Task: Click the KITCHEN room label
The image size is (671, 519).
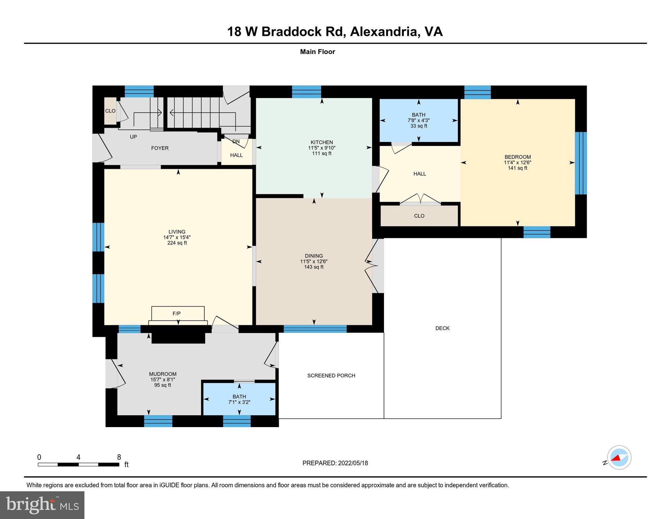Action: pyautogui.click(x=321, y=142)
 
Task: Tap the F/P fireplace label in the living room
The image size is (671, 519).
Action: pyautogui.click(x=176, y=314)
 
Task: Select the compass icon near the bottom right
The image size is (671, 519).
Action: pyautogui.click(x=619, y=458)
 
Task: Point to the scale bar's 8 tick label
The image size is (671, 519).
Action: pyautogui.click(x=119, y=457)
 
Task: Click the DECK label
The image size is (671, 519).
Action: pyautogui.click(x=442, y=328)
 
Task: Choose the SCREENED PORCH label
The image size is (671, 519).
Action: pyautogui.click(x=331, y=375)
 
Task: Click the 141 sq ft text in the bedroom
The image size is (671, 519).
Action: pyautogui.click(x=517, y=168)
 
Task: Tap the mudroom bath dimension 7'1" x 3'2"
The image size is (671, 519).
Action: pyautogui.click(x=239, y=402)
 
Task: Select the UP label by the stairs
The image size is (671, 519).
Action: pyautogui.click(x=133, y=137)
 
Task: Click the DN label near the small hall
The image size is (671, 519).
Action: pyautogui.click(x=236, y=141)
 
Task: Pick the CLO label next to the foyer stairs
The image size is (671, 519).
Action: pyautogui.click(x=110, y=111)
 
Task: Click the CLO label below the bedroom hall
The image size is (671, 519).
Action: pyautogui.click(x=419, y=216)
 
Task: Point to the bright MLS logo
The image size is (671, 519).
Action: pyautogui.click(x=42, y=505)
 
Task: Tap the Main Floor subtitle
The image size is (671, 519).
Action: pyautogui.click(x=317, y=52)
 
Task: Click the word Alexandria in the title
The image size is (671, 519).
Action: pyautogui.click(x=384, y=31)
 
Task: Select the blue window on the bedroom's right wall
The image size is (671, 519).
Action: pyautogui.click(x=580, y=163)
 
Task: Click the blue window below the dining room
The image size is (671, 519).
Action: pyautogui.click(x=315, y=329)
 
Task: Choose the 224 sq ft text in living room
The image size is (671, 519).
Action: pyautogui.click(x=177, y=243)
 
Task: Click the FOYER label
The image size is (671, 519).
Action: pyautogui.click(x=160, y=148)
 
